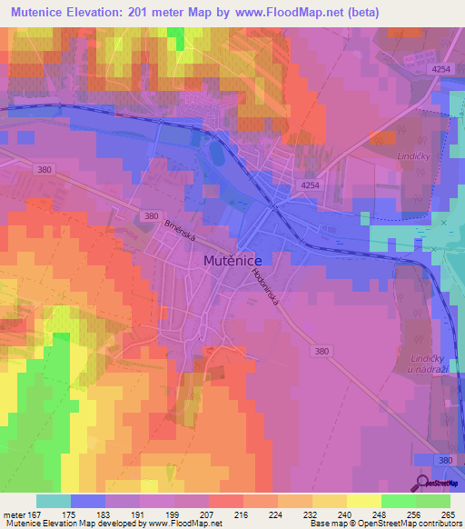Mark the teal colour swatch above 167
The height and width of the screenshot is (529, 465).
tap(53, 501)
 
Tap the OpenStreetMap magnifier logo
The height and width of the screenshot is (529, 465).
tap(423, 483)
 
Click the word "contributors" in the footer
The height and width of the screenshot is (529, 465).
tap(435, 524)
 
